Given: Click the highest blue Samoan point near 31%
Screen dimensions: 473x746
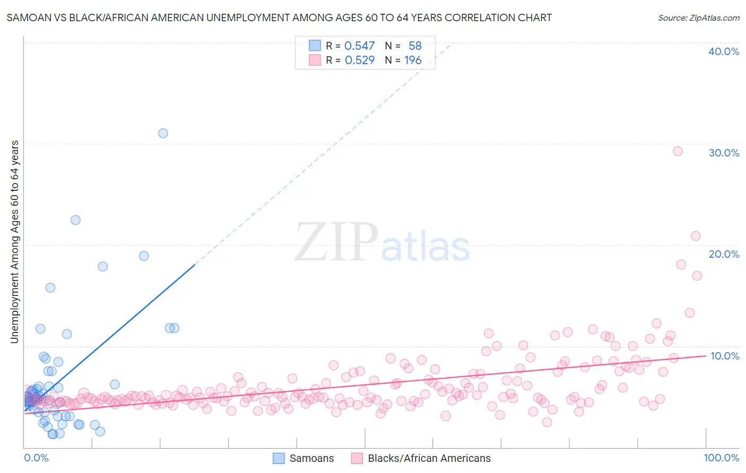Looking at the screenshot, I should [x=163, y=133].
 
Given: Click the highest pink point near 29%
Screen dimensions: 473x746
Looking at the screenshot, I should [x=678, y=151].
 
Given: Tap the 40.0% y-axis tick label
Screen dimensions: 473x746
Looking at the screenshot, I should [x=724, y=51].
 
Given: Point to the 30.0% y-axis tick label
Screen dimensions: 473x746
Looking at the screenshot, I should [x=724, y=153].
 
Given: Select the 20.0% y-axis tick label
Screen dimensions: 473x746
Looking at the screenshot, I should [x=724, y=254].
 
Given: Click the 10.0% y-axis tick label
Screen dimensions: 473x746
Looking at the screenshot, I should [x=724, y=356].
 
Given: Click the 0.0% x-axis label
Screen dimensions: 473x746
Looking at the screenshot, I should [x=36, y=458].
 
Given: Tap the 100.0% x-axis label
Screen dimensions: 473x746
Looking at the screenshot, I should [x=721, y=458].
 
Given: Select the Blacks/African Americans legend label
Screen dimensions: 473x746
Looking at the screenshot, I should [x=429, y=458].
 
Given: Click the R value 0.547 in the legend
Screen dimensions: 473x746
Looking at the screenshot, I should [x=359, y=46].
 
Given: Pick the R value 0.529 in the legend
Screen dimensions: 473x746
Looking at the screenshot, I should [x=359, y=60].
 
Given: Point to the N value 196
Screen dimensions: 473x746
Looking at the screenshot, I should [x=413, y=60].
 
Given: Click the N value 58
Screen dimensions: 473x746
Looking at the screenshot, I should [x=415, y=46].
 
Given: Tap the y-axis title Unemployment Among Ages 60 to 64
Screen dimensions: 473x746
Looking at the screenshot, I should [x=15, y=242].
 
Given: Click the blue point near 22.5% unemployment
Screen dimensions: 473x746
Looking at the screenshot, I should [x=75, y=220].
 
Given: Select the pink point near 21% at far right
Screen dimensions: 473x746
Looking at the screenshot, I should [x=696, y=236].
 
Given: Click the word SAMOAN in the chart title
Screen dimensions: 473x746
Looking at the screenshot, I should [x=28, y=17].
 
